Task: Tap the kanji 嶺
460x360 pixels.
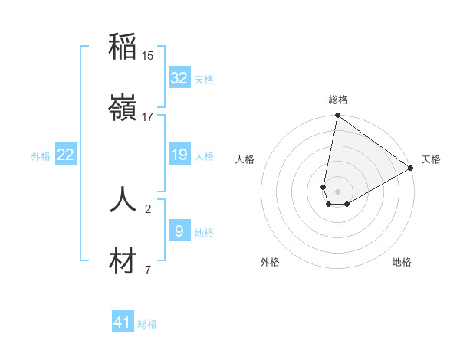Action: pos(123,108)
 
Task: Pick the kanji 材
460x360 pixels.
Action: pos(123,261)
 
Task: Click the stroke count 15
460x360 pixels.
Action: pos(148,56)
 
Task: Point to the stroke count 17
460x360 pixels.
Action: pos(148,117)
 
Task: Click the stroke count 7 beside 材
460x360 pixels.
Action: pos(148,270)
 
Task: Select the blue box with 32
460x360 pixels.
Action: pos(179,78)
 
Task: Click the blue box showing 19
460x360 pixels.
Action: pos(179,155)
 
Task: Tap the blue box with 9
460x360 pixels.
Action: pos(179,231)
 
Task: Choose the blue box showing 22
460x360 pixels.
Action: pos(65,155)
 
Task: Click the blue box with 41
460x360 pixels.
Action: pos(123,322)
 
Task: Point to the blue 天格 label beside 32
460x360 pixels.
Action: pos(204,79)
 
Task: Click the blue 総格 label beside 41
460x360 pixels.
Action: pos(147,324)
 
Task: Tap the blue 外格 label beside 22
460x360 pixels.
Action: pos(41,156)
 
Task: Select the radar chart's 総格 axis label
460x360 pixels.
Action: pos(338,100)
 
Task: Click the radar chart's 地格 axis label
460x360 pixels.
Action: pos(402,263)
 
